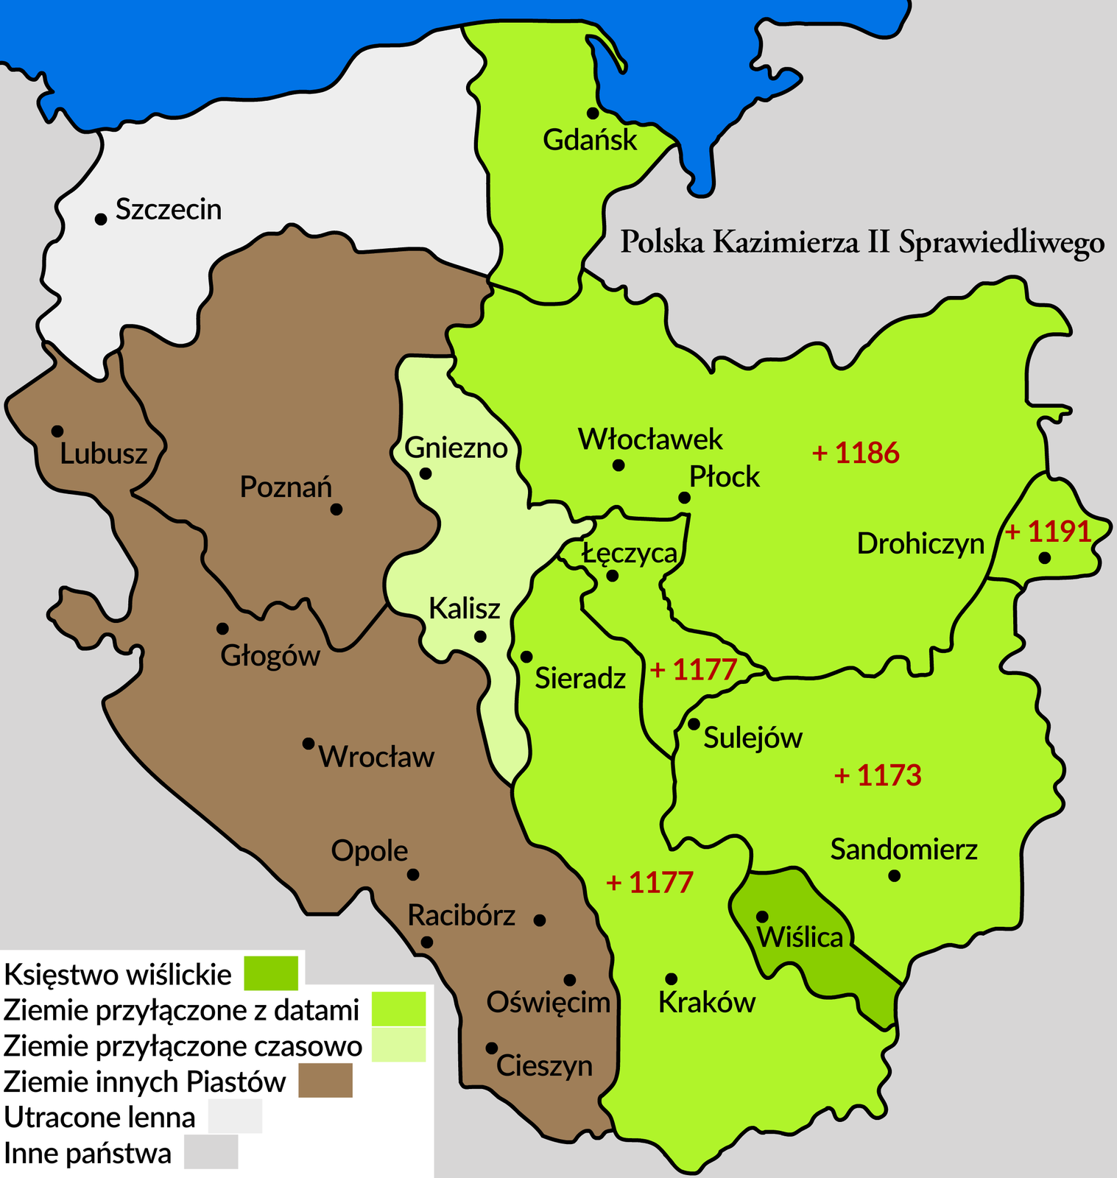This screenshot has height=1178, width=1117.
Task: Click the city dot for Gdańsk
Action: (x=592, y=113)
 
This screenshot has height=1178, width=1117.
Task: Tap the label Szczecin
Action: (x=169, y=210)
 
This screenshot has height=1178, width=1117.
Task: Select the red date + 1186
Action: (x=856, y=454)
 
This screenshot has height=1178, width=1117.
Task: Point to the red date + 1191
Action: (x=1048, y=532)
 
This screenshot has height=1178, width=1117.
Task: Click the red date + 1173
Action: (x=878, y=775)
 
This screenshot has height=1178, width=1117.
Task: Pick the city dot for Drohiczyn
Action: (x=1044, y=558)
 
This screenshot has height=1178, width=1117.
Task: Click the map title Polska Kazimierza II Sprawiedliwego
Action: (x=861, y=243)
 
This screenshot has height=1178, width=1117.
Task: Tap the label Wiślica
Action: (x=800, y=938)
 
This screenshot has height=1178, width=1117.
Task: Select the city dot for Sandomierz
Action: (x=894, y=875)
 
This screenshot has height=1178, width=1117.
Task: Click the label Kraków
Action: (x=707, y=1003)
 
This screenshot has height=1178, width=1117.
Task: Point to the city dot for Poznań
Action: (x=336, y=509)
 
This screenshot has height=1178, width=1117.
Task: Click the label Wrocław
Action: (x=376, y=758)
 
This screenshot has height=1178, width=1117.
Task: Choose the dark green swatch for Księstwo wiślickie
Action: (x=271, y=973)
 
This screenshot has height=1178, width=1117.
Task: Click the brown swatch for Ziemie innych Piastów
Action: (x=325, y=1081)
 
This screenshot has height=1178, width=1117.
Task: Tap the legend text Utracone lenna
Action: (x=100, y=1118)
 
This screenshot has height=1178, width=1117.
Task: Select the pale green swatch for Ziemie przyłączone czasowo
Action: (x=398, y=1045)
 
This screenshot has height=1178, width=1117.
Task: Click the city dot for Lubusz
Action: (x=57, y=431)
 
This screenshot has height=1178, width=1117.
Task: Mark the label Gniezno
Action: (x=457, y=448)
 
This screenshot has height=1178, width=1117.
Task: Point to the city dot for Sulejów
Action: (x=694, y=724)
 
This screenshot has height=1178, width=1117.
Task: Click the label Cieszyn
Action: (x=544, y=1066)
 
